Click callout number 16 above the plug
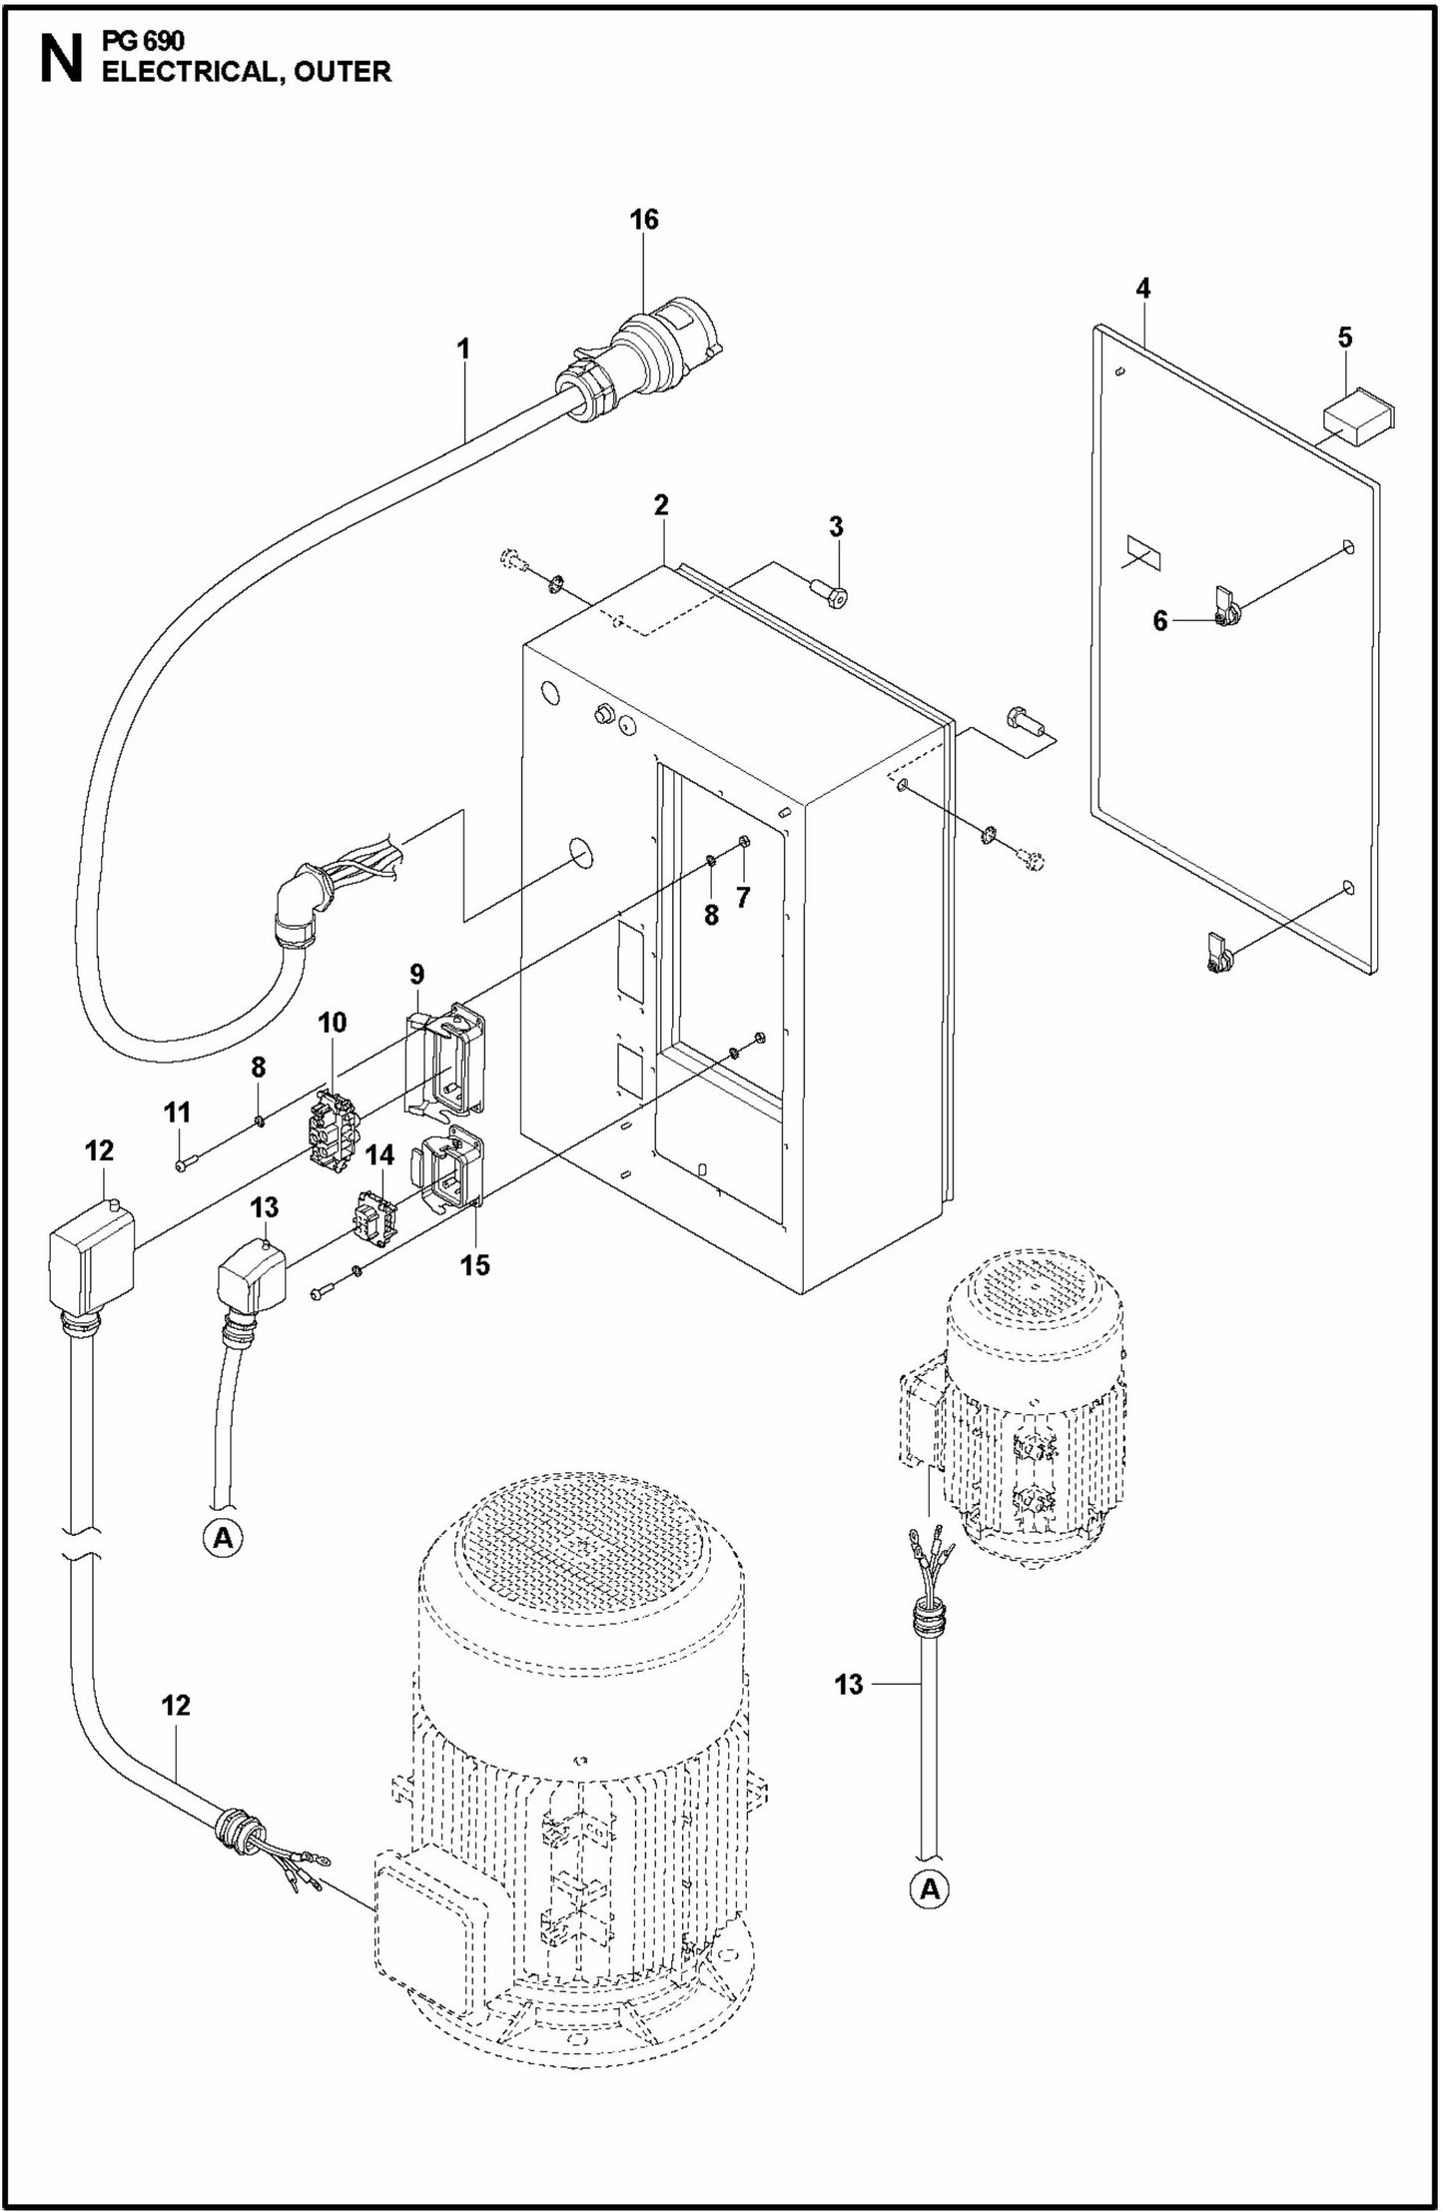tap(644, 220)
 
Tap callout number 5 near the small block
tap(1344, 338)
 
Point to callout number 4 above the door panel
tap(1142, 289)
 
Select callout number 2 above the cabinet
tap(661, 505)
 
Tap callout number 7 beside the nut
tap(742, 897)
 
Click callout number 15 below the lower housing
tap(475, 1265)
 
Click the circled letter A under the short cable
tap(224, 1538)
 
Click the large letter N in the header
tap(59, 60)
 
